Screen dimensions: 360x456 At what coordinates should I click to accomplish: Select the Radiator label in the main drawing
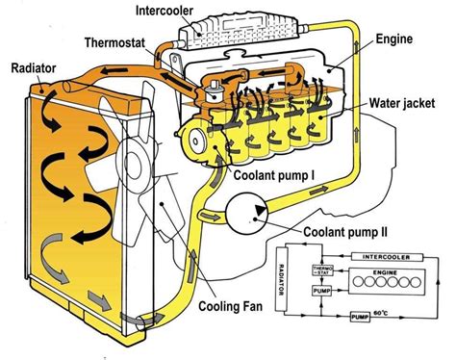[37, 68]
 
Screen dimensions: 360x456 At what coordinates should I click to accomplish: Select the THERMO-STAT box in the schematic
[319, 272]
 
